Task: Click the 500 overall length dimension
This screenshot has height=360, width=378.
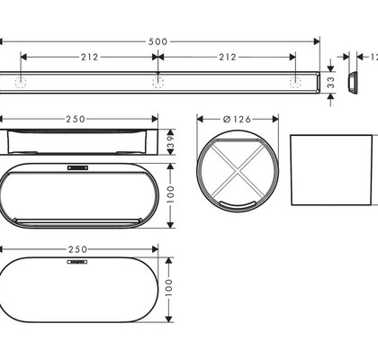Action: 157,41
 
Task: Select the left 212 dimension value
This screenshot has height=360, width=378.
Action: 89,57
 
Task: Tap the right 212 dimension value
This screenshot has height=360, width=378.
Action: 228,57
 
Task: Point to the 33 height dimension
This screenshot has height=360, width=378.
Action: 330,83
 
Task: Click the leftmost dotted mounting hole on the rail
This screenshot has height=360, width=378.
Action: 21,82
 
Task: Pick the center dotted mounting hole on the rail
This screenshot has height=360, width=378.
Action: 157,82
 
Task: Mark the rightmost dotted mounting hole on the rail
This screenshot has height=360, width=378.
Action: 295,82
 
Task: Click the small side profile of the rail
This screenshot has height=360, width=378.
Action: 353,83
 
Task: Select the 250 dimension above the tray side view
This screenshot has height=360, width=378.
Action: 76,120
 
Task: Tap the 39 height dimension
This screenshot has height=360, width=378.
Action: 170,142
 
